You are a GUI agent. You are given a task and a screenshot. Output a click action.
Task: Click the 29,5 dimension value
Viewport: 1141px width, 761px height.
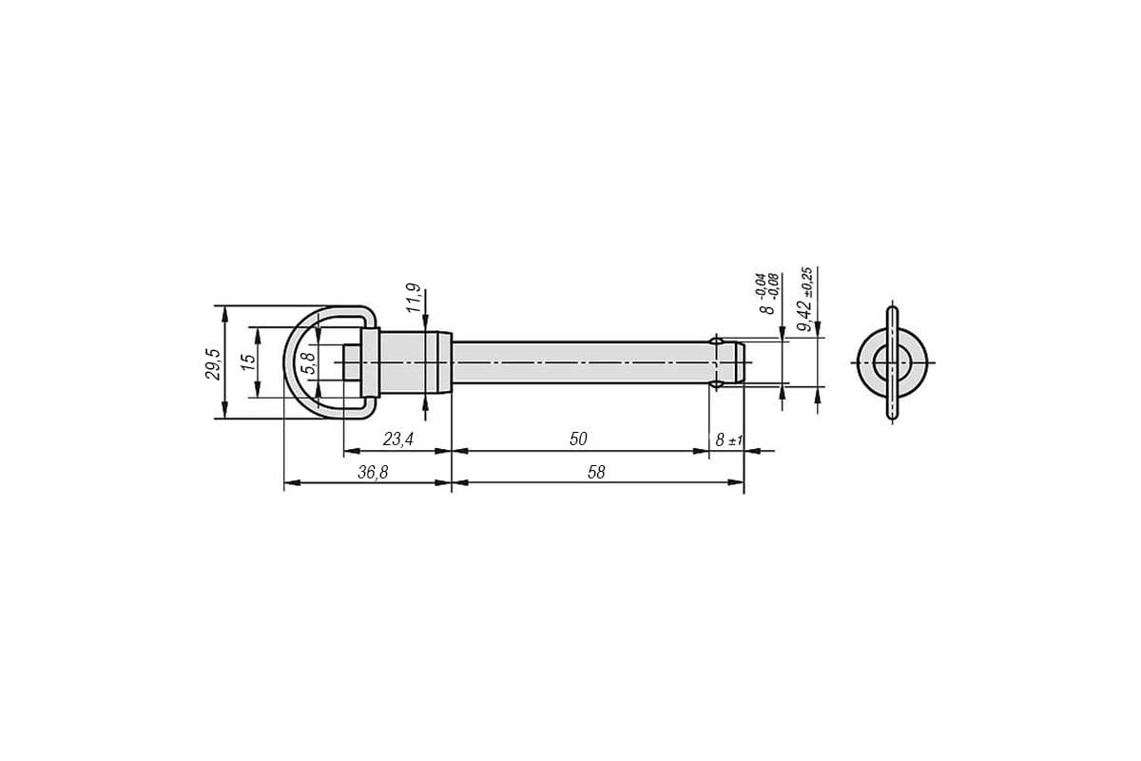(213, 364)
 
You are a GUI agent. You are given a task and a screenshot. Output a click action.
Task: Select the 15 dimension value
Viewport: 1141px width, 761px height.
(248, 361)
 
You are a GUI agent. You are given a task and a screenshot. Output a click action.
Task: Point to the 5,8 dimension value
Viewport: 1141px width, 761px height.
(309, 363)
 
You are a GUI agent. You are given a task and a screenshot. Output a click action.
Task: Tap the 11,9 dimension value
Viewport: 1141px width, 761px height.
(415, 298)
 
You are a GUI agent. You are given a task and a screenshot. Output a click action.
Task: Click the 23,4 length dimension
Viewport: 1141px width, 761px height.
(397, 439)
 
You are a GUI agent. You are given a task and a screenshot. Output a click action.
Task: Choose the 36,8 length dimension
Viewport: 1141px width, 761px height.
(373, 473)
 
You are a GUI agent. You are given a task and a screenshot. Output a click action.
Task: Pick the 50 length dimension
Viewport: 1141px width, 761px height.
(578, 439)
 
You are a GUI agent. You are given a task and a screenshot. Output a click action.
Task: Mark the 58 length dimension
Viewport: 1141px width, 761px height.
(596, 473)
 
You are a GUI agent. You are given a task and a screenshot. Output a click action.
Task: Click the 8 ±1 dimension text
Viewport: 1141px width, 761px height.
(729, 439)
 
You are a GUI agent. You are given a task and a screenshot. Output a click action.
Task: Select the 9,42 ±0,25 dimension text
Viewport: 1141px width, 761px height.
(806, 300)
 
